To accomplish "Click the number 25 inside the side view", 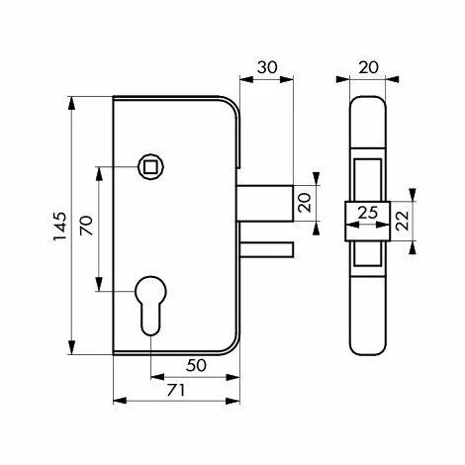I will [x=367, y=212].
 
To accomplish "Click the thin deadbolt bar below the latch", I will [x=267, y=245].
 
